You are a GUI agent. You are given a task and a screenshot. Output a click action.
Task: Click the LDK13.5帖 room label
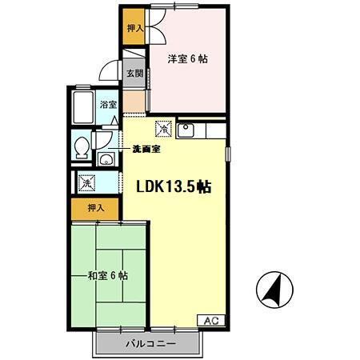[x=174, y=186]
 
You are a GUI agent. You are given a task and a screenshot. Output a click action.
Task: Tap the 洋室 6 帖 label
[x=188, y=58]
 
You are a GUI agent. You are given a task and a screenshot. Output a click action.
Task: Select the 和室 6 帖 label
[x=108, y=276]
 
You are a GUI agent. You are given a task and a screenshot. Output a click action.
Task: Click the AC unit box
[x=211, y=320]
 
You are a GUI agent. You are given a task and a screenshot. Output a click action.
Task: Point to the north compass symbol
[x=274, y=290]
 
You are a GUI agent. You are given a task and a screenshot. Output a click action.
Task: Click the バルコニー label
[x=150, y=343]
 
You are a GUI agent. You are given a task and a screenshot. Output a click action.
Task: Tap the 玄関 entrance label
[x=134, y=74]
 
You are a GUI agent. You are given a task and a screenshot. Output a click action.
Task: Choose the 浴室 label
[x=108, y=105]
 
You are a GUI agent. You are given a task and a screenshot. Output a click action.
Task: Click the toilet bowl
[x=82, y=148]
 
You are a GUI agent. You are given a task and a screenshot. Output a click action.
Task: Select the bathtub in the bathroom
[x=83, y=108]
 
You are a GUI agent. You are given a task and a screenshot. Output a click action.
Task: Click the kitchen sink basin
[x=186, y=130]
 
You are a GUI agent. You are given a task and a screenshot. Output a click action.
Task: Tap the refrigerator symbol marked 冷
[x=163, y=129]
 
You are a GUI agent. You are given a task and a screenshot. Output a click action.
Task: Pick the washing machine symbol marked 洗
[x=86, y=183]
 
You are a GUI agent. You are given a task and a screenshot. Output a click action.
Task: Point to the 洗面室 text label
[x=146, y=150]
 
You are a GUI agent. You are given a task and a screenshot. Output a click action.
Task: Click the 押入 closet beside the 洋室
[x=134, y=26]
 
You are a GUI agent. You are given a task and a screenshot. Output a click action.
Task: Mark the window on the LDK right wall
[x=228, y=154]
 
